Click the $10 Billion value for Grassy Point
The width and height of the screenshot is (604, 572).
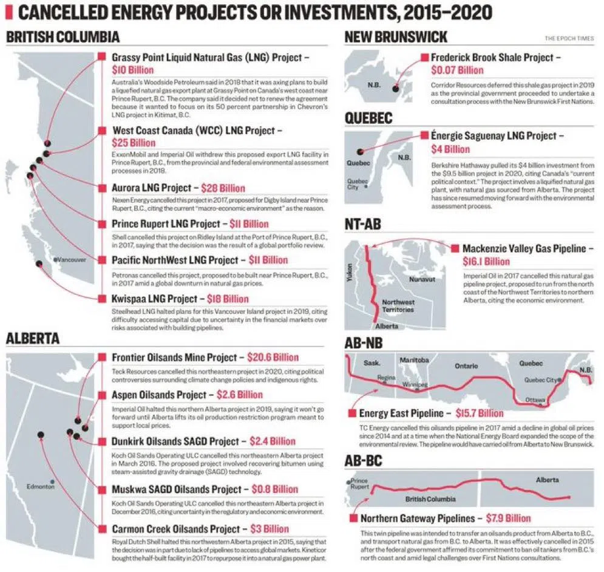click(128, 70)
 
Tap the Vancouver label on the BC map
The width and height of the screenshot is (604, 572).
click(72, 259)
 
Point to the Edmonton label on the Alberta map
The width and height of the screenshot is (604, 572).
click(41, 486)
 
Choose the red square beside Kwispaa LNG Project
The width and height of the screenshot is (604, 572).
click(101, 299)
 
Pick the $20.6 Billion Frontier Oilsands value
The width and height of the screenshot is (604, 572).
click(268, 358)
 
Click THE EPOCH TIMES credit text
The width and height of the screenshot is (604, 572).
click(568, 39)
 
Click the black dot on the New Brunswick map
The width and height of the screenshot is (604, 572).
click(396, 89)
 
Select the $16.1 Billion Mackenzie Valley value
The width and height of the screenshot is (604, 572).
click(487, 261)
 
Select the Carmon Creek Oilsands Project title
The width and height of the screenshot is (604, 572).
click(176, 529)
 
